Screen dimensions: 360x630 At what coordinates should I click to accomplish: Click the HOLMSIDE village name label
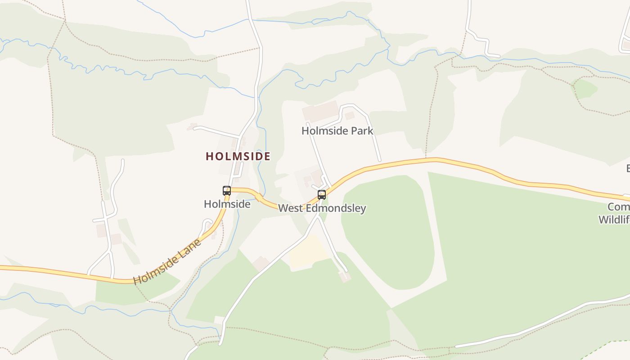point(238,156)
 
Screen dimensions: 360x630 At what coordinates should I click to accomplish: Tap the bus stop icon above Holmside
point(227,190)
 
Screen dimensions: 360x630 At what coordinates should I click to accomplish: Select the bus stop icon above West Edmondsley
point(322,194)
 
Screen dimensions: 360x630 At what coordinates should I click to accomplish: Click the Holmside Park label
point(337,131)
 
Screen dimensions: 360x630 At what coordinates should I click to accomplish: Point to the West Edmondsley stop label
point(322,208)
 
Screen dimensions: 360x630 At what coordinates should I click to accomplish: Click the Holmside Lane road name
point(167,262)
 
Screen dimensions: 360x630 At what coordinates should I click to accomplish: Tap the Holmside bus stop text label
point(227,204)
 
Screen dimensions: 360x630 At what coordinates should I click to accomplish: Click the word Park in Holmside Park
point(363,131)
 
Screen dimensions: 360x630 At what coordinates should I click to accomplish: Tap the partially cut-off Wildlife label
point(614,220)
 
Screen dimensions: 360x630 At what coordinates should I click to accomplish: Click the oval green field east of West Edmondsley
point(387,229)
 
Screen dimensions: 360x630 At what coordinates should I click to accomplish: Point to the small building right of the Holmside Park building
point(350,116)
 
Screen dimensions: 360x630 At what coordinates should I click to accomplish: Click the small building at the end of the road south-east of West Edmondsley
point(345,276)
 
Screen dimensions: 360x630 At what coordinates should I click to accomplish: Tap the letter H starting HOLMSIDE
point(209,156)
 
